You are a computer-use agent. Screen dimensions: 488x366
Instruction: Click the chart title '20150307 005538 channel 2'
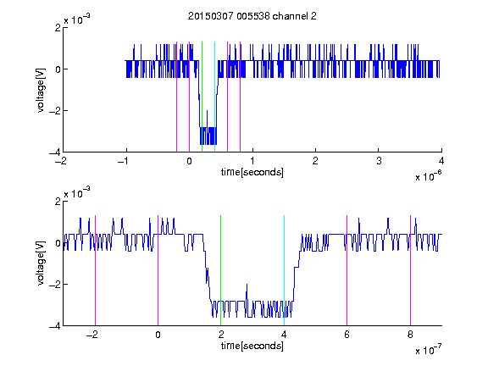[252, 16]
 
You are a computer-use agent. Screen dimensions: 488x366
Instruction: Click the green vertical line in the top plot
[202, 97]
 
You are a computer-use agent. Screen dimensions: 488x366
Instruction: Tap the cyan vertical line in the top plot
[214, 97]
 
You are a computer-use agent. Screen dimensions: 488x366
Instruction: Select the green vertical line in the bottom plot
[220, 270]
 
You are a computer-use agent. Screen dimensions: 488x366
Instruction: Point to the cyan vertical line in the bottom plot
[284, 270]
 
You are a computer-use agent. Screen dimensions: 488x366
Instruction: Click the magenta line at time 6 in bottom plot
[347, 270]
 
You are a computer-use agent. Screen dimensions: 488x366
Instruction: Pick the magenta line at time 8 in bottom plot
[410, 270]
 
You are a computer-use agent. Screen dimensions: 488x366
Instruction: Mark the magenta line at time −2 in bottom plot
[95, 270]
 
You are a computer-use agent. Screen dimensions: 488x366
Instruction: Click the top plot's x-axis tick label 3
[379, 161]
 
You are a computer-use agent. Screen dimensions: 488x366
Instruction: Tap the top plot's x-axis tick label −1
[124, 161]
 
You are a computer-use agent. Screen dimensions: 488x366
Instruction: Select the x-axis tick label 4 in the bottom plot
[284, 335]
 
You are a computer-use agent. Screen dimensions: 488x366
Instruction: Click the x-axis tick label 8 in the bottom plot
[410, 335]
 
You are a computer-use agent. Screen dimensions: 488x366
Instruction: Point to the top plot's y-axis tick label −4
[54, 152]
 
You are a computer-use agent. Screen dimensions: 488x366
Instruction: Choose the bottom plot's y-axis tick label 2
[58, 201]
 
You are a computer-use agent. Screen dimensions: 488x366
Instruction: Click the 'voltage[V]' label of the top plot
[41, 91]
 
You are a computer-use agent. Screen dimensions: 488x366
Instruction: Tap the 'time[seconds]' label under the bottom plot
[252, 346]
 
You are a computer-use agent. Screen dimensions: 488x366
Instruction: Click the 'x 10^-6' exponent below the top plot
[429, 176]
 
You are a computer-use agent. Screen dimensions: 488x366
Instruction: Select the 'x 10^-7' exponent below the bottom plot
[429, 350]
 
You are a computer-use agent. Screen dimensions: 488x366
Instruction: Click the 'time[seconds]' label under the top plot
[252, 172]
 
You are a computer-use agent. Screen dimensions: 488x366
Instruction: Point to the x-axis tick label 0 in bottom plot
[158, 335]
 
